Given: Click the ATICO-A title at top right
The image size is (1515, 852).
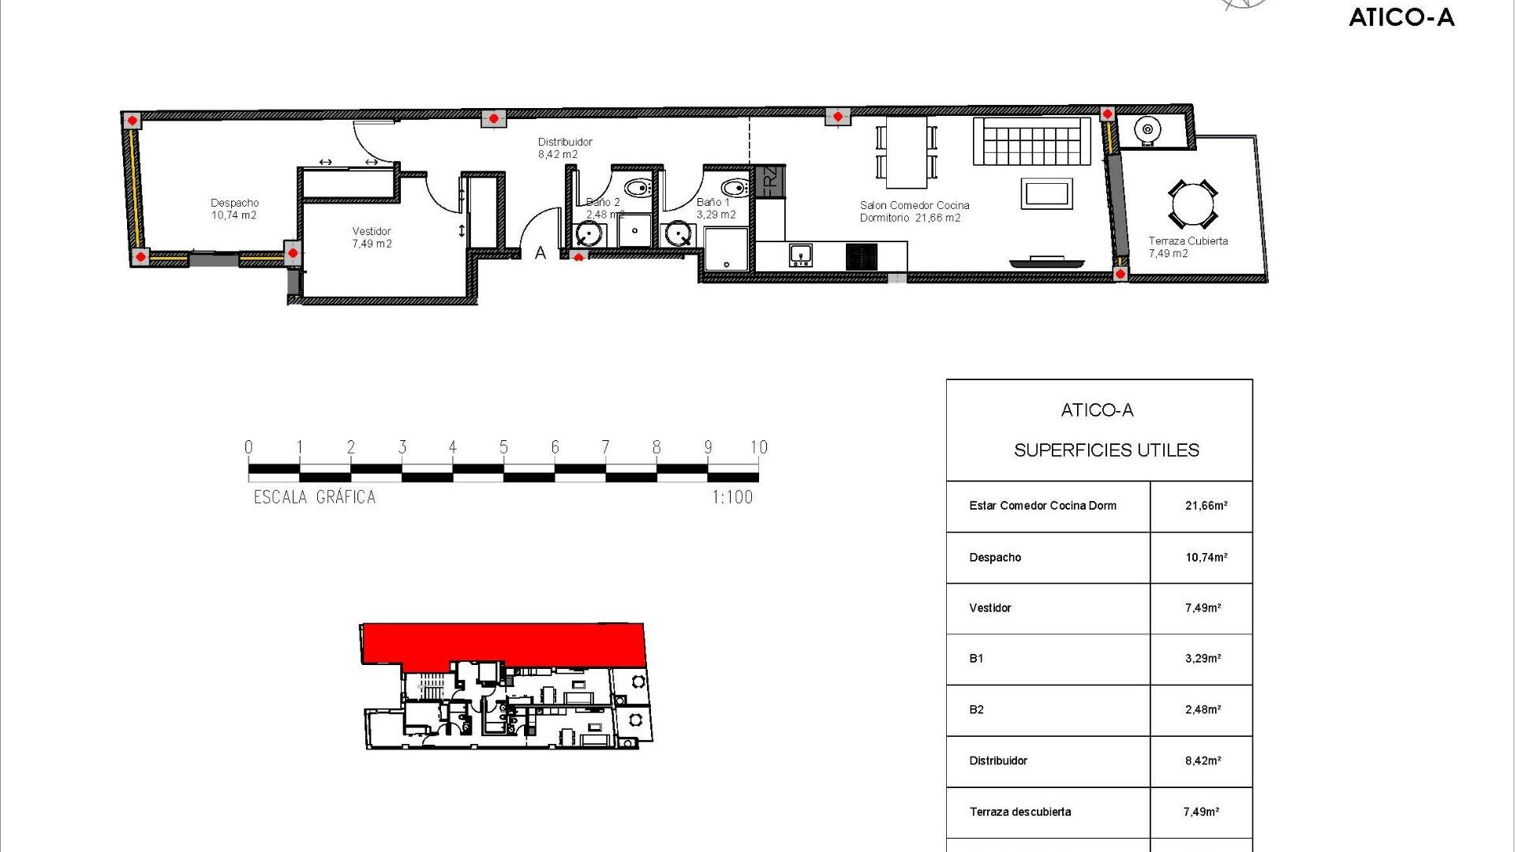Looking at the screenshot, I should pyautogui.click(x=1401, y=17).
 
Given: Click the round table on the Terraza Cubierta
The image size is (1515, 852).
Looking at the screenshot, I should pyautogui.click(x=1191, y=205).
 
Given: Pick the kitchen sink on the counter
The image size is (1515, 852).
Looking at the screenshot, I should pyautogui.click(x=800, y=255).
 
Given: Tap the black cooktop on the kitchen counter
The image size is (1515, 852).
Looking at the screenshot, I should pyautogui.click(x=861, y=256).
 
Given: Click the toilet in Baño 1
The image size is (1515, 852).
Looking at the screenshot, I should pyautogui.click(x=735, y=189).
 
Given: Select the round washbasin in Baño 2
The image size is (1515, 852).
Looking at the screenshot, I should pyautogui.click(x=589, y=234).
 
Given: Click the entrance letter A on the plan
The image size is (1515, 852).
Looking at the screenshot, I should pyautogui.click(x=541, y=253).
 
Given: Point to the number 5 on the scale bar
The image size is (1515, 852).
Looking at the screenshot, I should pyautogui.click(x=503, y=447).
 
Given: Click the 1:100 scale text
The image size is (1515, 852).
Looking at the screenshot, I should pyautogui.click(x=732, y=497).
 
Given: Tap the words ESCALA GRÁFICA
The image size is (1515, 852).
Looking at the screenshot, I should pyautogui.click(x=314, y=497).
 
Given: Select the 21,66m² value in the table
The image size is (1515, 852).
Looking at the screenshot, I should pyautogui.click(x=1206, y=506).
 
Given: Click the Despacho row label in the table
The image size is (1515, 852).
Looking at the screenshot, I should pyautogui.click(x=995, y=558).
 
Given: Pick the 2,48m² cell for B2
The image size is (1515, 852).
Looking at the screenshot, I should pyautogui.click(x=1203, y=710).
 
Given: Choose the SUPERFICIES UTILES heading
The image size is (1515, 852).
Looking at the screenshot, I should pyautogui.click(x=1106, y=450).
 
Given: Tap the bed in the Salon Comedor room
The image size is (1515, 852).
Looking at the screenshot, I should pyautogui.click(x=1031, y=141).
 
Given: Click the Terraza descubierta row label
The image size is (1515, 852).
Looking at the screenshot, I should pyautogui.click(x=1020, y=812).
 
